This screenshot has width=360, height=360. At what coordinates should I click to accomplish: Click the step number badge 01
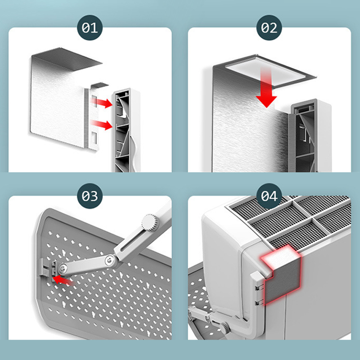(90, 28)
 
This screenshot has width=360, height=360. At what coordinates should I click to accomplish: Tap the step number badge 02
(269, 28)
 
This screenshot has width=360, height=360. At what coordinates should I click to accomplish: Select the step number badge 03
(90, 196)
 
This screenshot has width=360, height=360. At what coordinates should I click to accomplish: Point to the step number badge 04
(269, 196)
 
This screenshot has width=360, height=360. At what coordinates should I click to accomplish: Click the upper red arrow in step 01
(102, 103)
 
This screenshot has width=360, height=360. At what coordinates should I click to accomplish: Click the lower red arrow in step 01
(102, 125)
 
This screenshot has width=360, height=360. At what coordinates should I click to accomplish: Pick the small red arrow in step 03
(63, 280)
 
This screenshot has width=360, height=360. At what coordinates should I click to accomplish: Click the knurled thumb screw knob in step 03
(150, 222)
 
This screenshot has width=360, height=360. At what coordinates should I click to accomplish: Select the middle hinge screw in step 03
(109, 260)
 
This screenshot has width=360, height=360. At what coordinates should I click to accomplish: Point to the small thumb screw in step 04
(225, 327)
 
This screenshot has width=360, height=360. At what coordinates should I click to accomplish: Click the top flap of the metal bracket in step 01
(67, 59)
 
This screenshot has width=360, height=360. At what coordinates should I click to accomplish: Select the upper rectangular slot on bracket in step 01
(94, 101)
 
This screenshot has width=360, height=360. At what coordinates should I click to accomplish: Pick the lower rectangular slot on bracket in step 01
(94, 137)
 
